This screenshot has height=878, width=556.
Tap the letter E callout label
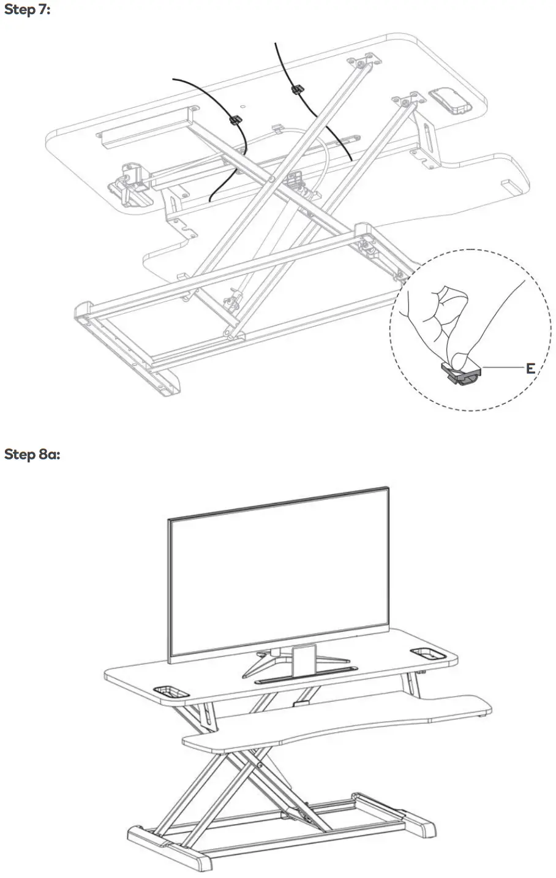tap(530, 368)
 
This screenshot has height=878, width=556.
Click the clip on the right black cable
tap(296, 90)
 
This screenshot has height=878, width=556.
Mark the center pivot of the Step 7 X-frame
tap(271, 180)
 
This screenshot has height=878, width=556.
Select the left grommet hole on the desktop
tap(171, 691)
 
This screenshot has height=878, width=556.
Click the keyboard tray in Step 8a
tap(337, 723)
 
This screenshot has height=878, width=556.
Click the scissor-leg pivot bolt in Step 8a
tap(260, 765)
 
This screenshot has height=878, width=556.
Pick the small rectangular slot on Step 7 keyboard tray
tap(507, 184)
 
